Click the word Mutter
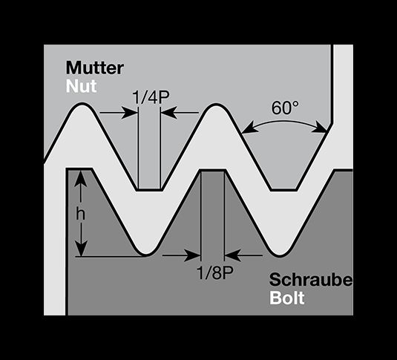point(95,68)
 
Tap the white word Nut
point(82,86)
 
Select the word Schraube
point(311,280)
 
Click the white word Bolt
point(287,298)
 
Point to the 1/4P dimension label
point(151,97)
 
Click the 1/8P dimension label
point(214,273)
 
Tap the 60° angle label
point(285,108)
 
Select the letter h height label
point(81,215)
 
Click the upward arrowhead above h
point(81,178)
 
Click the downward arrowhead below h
point(81,248)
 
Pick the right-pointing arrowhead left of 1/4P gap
point(130,113)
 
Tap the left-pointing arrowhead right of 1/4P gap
point(168,113)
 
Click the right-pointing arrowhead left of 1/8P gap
point(192,255)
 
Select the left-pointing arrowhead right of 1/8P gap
point(233,255)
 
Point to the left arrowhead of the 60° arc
point(249,128)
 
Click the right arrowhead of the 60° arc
point(320,128)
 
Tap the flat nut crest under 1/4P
point(149,189)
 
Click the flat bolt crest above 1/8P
point(212,170)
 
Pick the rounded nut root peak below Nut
point(82,105)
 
